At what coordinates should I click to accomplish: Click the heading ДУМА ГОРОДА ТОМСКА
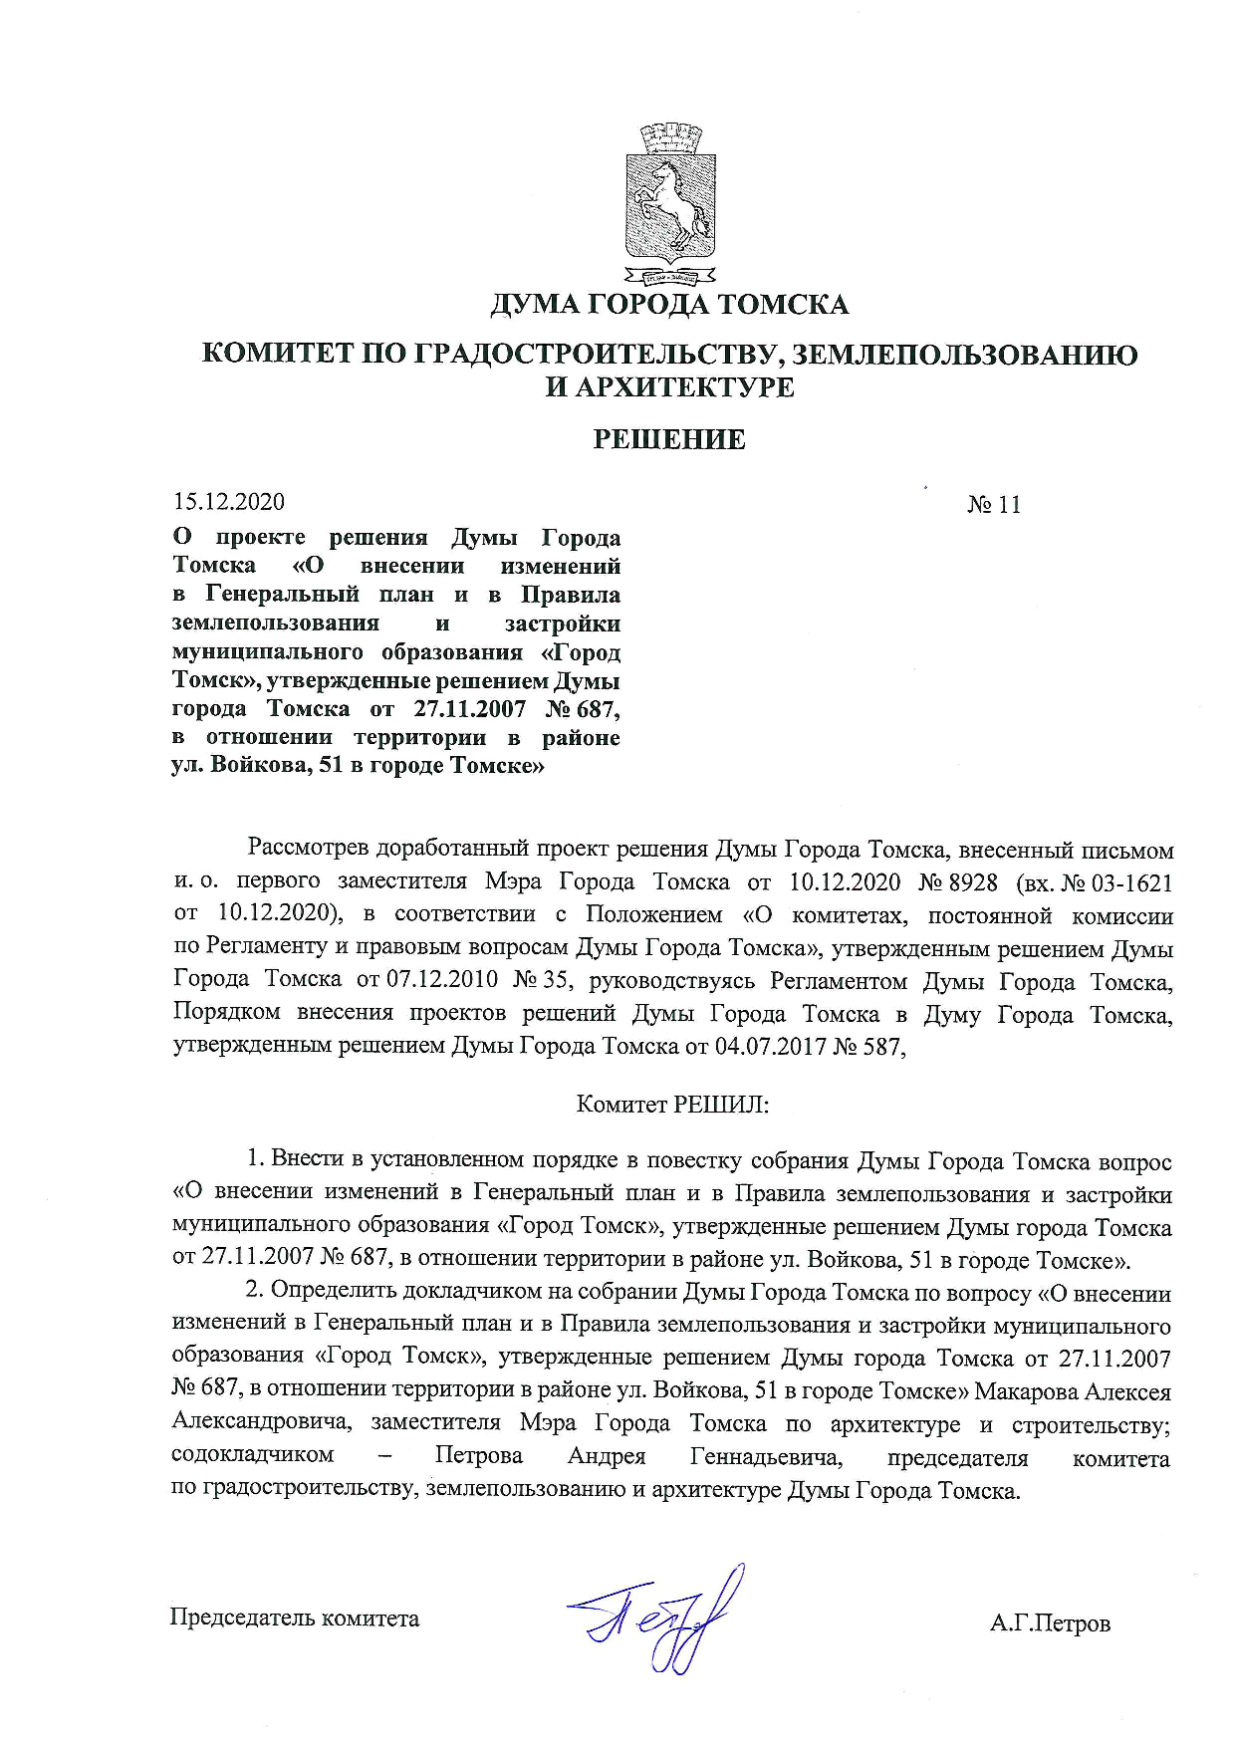coord(668,304)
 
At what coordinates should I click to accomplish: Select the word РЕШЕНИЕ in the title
coord(669,439)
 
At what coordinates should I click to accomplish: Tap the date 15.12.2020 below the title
coord(228,502)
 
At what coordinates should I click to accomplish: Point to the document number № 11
coord(994,505)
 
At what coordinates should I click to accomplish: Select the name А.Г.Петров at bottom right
coord(1050,1623)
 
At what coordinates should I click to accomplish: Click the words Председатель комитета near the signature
coord(295,1618)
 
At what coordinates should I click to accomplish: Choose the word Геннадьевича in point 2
coord(766,1456)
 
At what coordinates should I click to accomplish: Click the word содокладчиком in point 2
coord(253,1455)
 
